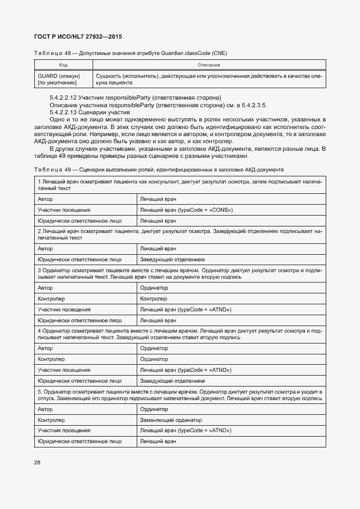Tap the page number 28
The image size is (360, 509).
coord(38,463)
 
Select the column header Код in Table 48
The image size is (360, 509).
coord(63,65)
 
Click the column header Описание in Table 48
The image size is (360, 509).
coord(209,65)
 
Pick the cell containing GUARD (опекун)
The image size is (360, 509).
coord(59,76)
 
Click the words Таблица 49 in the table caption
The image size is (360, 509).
coord(50,170)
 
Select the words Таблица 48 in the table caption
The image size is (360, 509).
coord(50,53)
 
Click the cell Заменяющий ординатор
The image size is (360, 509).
coord(171,420)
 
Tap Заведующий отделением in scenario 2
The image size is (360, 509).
coord(173,259)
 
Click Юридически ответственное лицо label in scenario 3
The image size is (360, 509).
coord(80,320)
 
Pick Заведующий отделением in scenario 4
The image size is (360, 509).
coord(173,381)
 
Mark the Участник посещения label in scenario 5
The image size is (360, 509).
coord(64,431)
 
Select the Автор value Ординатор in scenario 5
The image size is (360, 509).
coord(154,409)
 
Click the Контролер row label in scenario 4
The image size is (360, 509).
coord(51,359)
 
